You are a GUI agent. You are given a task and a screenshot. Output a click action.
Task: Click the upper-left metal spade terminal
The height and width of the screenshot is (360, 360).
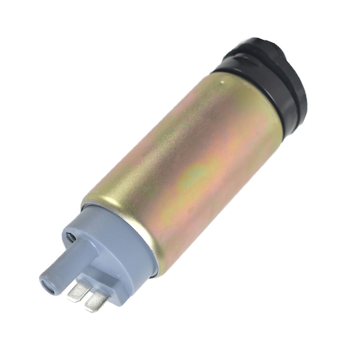tap(77, 291)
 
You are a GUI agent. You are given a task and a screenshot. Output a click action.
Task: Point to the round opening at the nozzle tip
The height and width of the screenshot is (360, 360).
tap(48, 284)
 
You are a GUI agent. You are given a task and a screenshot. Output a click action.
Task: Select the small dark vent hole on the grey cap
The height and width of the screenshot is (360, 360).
tap(71, 237)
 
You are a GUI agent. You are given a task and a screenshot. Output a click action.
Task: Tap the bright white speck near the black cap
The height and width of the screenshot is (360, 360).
tap(222, 81)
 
